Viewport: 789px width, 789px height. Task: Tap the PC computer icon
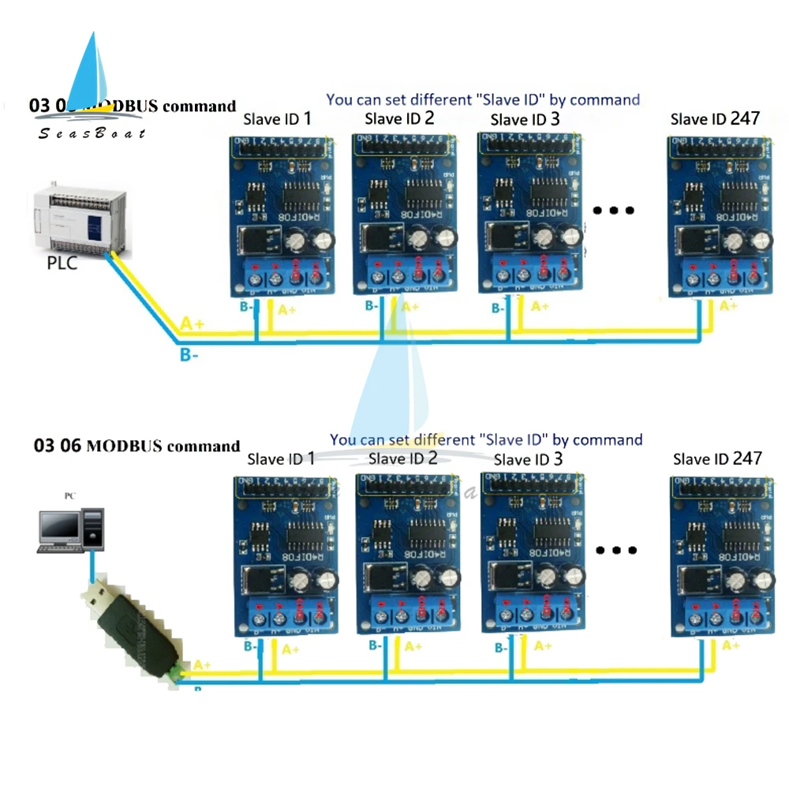coord(72,528)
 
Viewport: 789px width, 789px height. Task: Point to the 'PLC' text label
coord(62,263)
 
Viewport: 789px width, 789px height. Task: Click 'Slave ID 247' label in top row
coord(715,119)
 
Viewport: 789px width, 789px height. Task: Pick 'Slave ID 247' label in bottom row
coord(717,458)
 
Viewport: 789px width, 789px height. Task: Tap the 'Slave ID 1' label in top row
coord(275,119)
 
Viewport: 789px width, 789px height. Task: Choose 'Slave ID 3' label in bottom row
coord(528,458)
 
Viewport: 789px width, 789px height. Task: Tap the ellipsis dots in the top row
coord(613,211)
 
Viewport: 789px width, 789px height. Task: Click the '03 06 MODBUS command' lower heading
coord(136,446)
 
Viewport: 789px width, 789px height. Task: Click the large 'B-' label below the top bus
coord(189,356)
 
